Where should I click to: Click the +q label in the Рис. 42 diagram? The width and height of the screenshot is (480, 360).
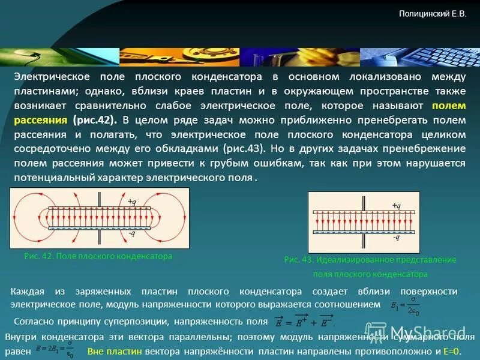click(x=133, y=202)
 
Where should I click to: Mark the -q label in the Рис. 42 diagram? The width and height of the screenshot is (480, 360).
click(x=133, y=234)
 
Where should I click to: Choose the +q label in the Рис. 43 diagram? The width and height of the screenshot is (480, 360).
click(x=396, y=206)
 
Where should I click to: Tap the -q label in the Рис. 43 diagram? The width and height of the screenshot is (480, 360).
click(x=396, y=237)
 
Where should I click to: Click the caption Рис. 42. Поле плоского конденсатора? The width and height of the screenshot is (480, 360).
click(x=98, y=256)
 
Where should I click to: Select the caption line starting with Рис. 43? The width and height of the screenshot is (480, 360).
click(x=370, y=260)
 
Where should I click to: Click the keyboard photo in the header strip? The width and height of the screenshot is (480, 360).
click(x=420, y=57)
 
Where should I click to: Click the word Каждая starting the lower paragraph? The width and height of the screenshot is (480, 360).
click(x=28, y=292)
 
